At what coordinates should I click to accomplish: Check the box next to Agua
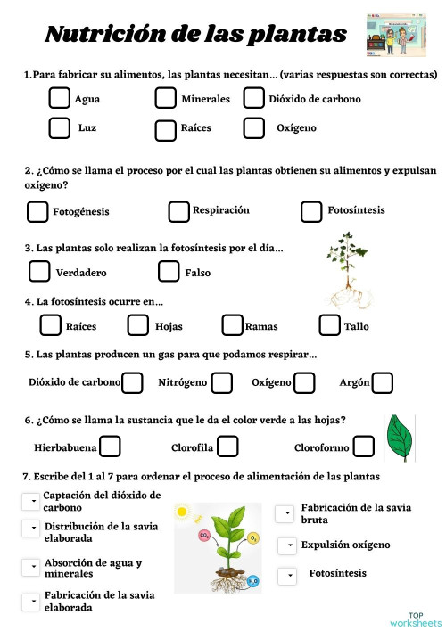tap(60, 99)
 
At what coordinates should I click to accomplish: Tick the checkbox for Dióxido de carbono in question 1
tap(254, 99)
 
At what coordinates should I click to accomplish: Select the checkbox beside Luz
tap(60, 128)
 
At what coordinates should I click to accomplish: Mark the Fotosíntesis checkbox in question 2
tap(311, 211)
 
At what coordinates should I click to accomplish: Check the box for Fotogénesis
tap(37, 212)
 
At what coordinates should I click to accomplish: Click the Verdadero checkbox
tap(40, 271)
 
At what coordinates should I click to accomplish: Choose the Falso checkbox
tap(169, 271)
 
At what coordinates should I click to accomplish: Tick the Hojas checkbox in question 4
tap(138, 325)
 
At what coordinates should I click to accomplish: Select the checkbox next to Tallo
tap(330, 325)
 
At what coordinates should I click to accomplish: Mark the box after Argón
tap(383, 383)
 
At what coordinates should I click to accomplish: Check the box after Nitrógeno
tap(222, 383)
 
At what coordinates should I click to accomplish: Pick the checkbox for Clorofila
tap(227, 446)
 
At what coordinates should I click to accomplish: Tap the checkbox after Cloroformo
tap(363, 447)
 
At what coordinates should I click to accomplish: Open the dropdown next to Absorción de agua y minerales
tap(30, 566)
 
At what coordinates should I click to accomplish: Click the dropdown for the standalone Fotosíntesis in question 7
tap(286, 576)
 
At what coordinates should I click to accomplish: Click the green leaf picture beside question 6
tap(399, 438)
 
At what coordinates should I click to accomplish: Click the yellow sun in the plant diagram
tap(183, 512)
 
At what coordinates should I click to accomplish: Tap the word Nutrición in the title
tap(98, 35)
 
